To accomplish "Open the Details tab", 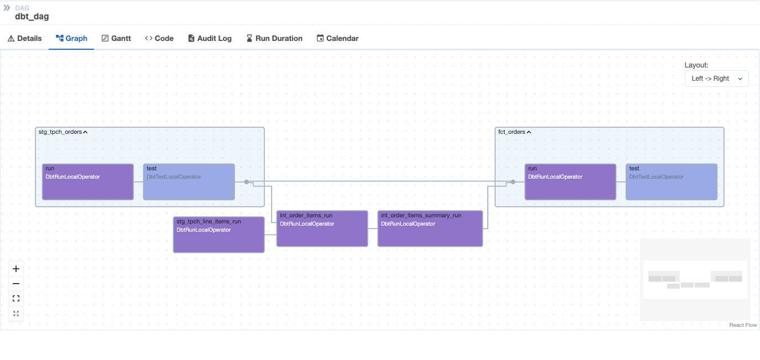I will point(25,38).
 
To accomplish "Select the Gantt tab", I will point(117,38).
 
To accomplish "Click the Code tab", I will point(159,38).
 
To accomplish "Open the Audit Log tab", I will point(210,38).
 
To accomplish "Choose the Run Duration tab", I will point(274,38).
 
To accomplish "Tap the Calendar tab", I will point(337,38).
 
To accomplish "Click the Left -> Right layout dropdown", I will point(716,79).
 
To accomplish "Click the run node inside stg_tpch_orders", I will point(88,182).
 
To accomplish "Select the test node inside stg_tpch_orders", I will point(189,182).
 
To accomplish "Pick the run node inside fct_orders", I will point(570,182).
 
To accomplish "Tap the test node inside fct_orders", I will point(671,182).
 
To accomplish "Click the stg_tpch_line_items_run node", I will point(218,235).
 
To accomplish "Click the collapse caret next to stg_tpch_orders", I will point(85,132).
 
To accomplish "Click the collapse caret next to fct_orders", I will point(529,132).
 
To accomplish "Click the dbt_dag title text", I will point(32,17).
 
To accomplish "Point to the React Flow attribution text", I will point(743,325).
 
